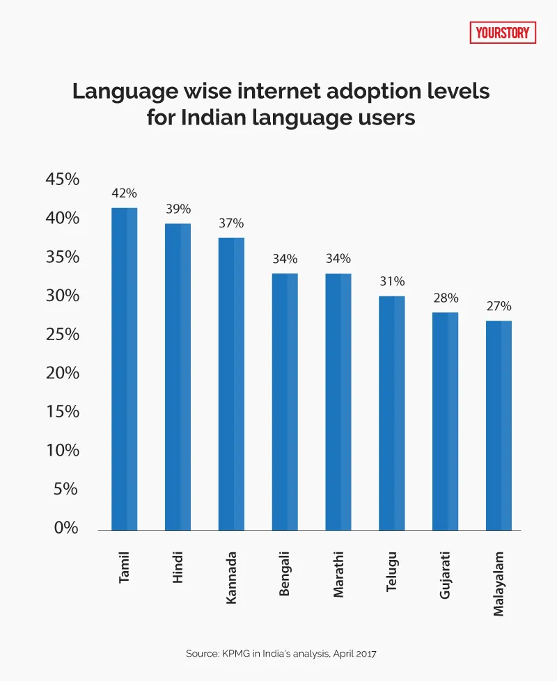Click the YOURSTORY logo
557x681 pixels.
503,32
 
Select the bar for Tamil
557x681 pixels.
125,369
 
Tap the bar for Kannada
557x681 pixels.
231,383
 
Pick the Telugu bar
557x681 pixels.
392,412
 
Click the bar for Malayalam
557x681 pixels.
499,425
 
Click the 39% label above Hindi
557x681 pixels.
178,209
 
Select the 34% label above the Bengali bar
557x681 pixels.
285,259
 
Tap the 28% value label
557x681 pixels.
446,298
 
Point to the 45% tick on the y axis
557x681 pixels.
62,179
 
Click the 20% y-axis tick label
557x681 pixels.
62,373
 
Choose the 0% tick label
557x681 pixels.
67,528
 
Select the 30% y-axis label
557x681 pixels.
62,296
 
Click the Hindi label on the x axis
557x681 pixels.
178,566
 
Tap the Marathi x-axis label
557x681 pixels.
338,572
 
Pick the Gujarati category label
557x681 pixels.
446,575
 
